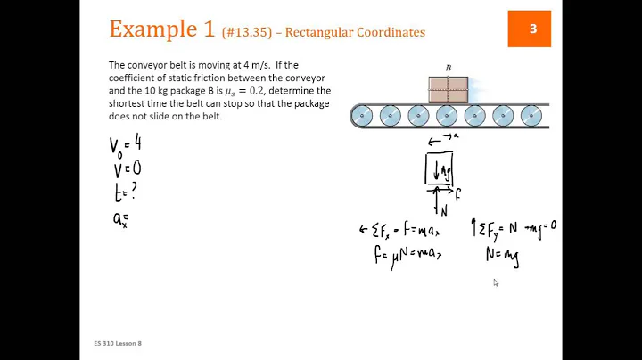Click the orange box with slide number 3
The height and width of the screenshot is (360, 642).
click(532, 29)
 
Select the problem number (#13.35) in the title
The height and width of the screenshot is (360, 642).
click(251, 32)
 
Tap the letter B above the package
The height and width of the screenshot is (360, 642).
click(449, 68)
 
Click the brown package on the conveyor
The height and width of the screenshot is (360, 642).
click(449, 90)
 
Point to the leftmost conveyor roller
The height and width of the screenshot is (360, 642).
click(362, 116)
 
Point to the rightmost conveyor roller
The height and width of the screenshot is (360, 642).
click(531, 116)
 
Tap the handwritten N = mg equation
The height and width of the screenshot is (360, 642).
click(501, 256)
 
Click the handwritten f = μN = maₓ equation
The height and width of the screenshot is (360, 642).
click(408, 256)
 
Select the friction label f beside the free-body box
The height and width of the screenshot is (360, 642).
click(458, 191)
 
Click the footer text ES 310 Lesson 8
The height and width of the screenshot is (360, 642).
click(117, 343)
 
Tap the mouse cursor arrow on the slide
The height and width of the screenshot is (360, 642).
click(496, 282)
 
